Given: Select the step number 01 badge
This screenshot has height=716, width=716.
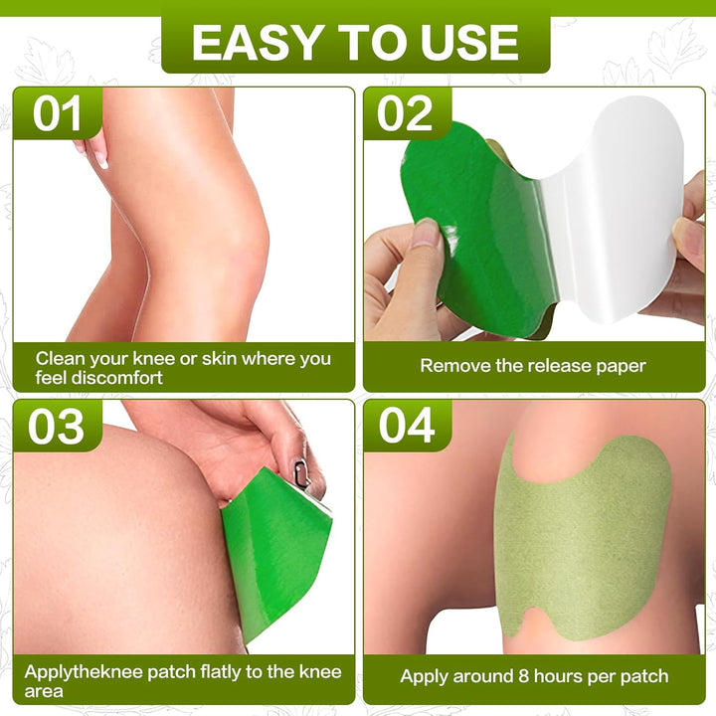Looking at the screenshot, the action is [58, 113].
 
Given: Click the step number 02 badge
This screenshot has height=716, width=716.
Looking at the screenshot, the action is [406, 113].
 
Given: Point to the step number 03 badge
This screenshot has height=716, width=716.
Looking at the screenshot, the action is [57, 426].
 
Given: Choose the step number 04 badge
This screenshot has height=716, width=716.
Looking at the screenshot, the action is [407, 426].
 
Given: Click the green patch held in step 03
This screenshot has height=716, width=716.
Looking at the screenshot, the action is [277, 553].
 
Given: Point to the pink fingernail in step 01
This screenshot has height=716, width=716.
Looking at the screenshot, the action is [101, 161].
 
